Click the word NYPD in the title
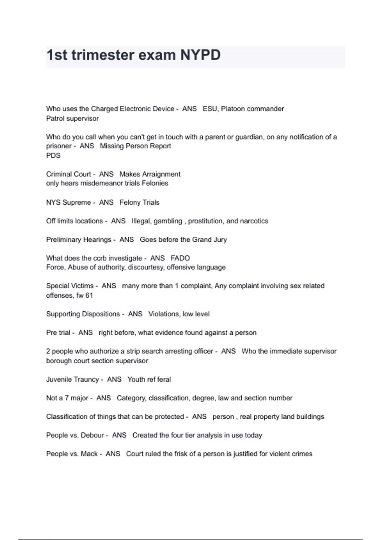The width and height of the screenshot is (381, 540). coord(200,55)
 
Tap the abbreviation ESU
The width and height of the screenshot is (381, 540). coord(210,109)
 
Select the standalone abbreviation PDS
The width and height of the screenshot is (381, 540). coord(53,155)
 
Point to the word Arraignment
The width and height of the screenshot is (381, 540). coord(161,174)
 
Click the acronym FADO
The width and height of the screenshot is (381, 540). coord(180,258)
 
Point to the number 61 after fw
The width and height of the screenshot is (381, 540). coord(89,295)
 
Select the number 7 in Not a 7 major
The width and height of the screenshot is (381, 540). coord(67,398)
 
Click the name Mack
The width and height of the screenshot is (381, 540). coord(89,454)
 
